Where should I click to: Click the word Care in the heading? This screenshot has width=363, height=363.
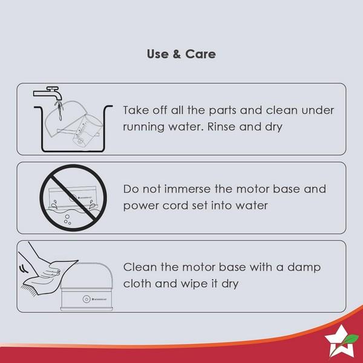[x=200, y=54]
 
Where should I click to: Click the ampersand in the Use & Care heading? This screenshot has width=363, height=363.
[x=177, y=54]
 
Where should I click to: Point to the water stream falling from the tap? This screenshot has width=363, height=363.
[x=59, y=111]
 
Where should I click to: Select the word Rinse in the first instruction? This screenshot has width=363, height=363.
[x=221, y=126]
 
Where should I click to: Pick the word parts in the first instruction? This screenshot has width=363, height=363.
[x=223, y=111]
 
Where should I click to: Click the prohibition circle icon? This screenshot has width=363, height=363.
[x=73, y=198]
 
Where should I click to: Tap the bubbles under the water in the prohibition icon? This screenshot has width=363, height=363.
[x=67, y=220]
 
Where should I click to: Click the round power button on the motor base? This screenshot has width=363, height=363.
[x=86, y=299]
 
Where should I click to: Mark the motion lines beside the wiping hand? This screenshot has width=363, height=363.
[x=23, y=269]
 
